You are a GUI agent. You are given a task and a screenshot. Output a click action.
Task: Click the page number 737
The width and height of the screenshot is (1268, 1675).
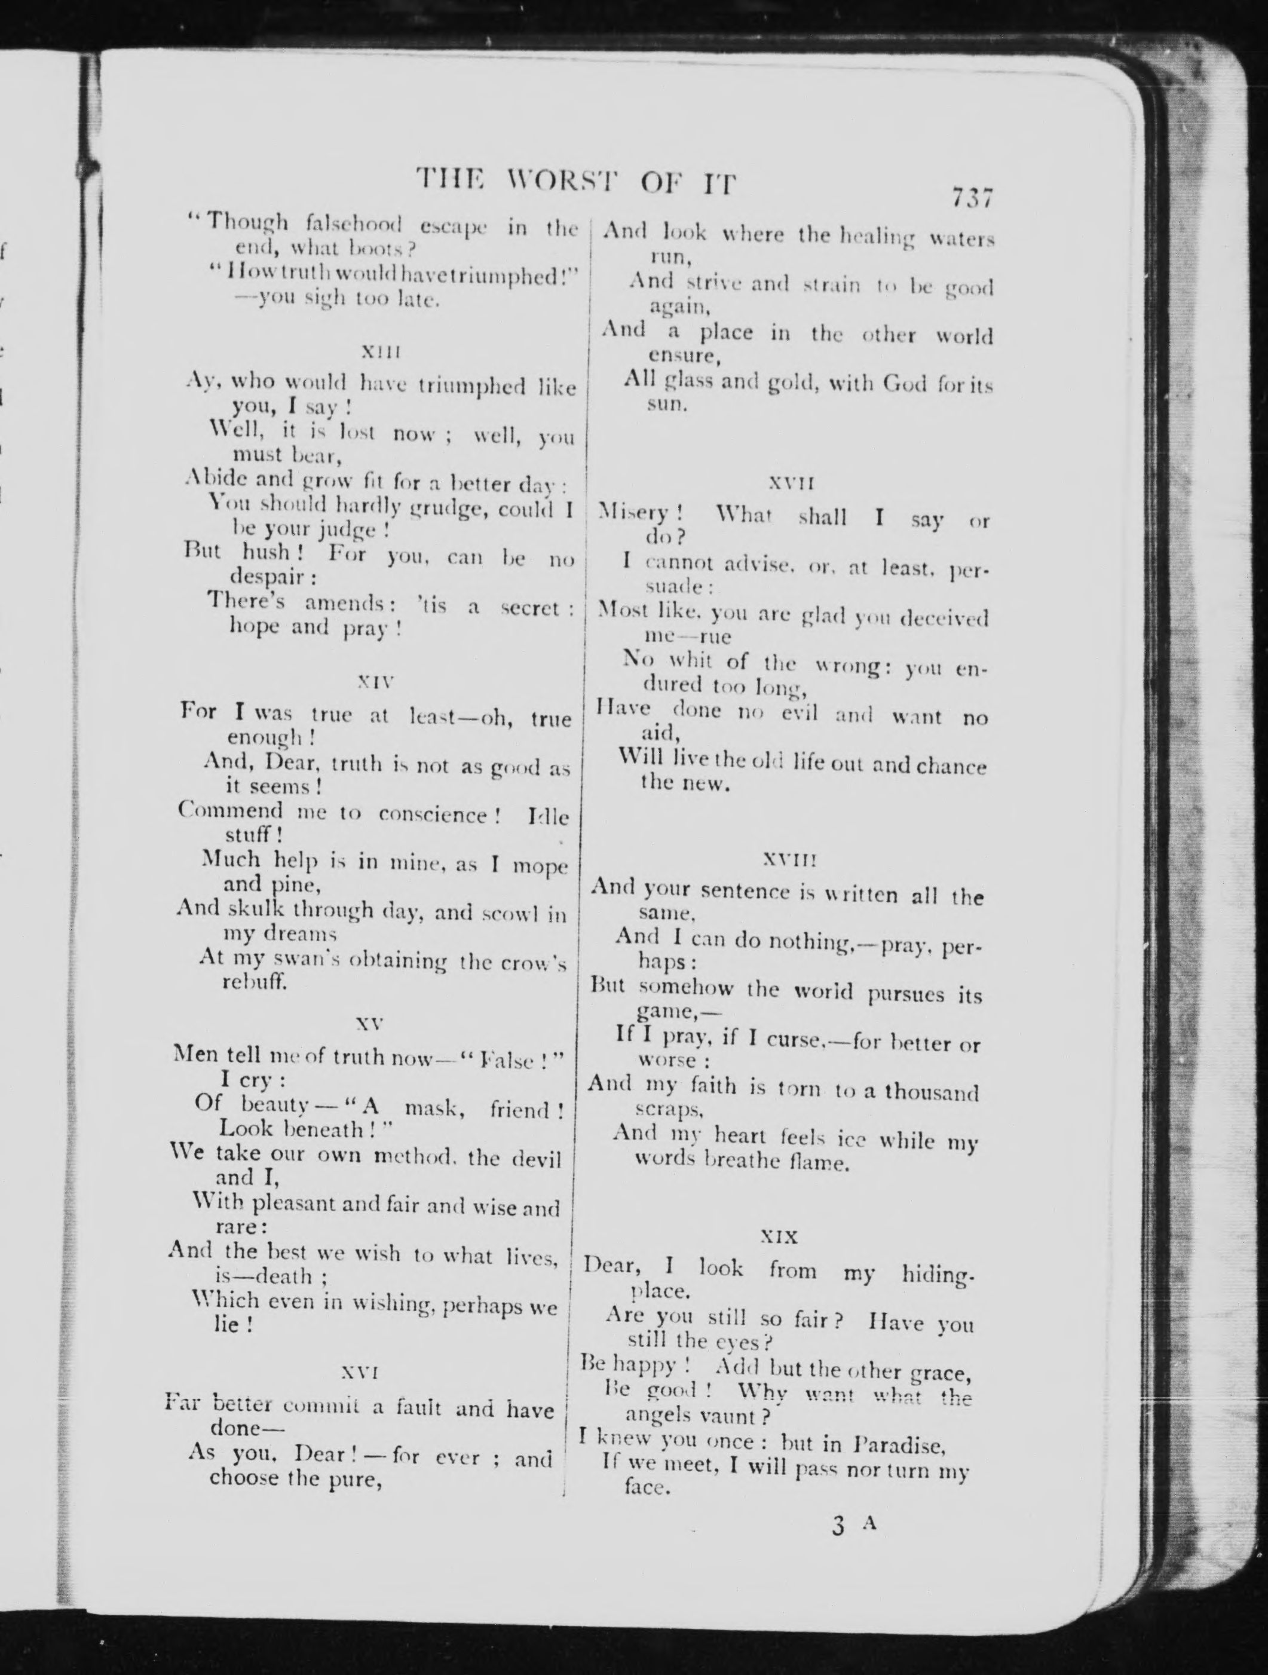(972, 198)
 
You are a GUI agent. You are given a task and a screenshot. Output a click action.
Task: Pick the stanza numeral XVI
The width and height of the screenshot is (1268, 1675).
(360, 1372)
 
